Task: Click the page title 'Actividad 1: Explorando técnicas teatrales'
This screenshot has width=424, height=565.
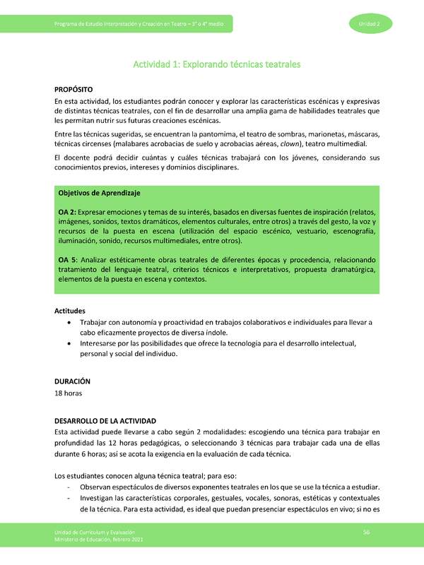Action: tap(217, 64)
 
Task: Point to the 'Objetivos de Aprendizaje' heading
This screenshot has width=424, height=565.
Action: tap(100, 193)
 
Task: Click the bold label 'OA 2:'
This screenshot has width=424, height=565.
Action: tap(68, 212)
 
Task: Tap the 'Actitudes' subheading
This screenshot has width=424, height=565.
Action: tap(71, 310)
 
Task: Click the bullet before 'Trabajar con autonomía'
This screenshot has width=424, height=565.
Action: tap(68, 322)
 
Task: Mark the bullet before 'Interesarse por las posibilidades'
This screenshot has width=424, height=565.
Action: tap(68, 344)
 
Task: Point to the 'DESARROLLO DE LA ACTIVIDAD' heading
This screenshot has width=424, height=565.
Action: tap(110, 420)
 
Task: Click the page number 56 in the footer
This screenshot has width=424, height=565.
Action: tap(367, 532)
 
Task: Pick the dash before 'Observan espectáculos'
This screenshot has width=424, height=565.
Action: tap(68, 487)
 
